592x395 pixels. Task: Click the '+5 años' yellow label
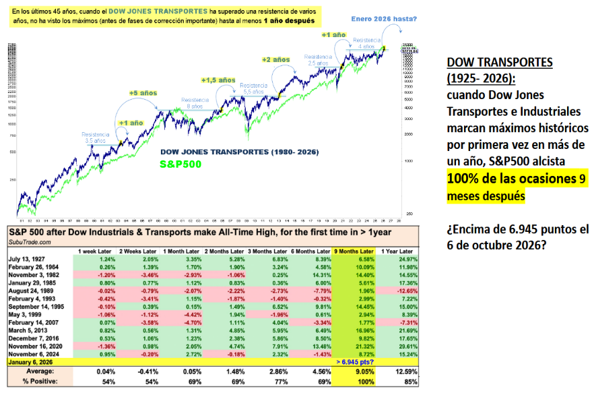pyautogui.click(x=143, y=92)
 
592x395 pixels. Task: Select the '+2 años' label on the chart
pyautogui.click(x=275, y=60)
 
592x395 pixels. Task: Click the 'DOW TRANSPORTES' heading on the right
pyautogui.click(x=500, y=62)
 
